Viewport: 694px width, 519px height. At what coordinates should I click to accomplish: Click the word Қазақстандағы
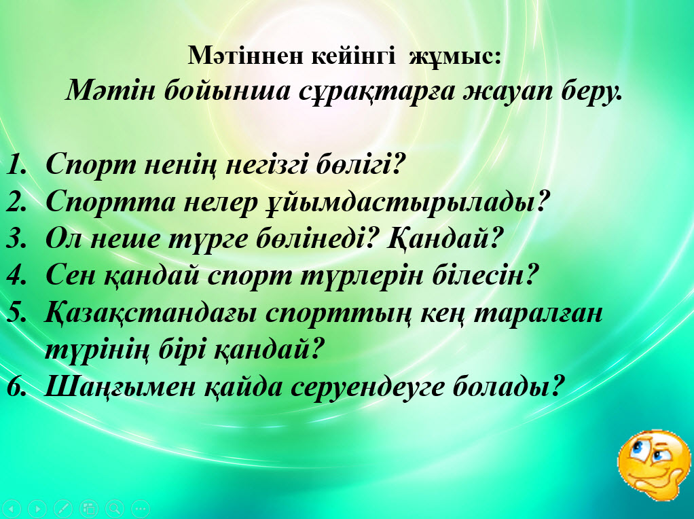coord(151,314)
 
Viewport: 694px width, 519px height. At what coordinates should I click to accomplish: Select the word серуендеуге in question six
coord(367,386)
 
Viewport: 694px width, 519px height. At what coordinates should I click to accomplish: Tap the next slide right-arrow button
coord(37,508)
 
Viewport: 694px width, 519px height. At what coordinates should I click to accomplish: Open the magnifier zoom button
coord(115,508)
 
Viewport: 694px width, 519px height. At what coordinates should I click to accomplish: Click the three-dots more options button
coord(141,508)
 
